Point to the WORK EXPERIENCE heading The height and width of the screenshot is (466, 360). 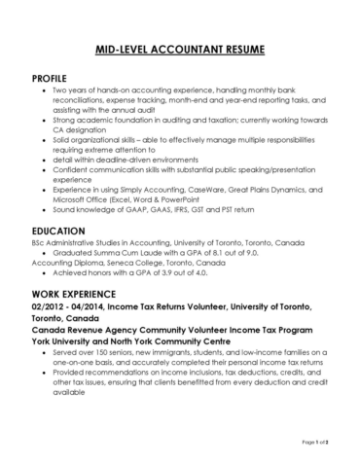pyautogui.click(x=79, y=293)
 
